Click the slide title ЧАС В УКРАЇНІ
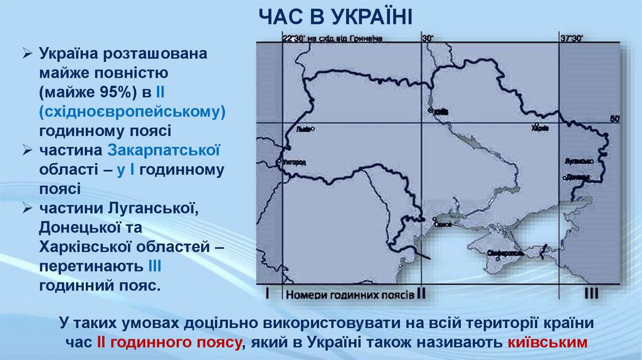335,16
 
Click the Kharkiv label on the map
539,130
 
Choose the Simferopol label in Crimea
503,252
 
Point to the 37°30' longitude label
571,38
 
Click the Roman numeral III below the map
591,294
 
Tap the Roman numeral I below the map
267,293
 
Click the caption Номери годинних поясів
349,294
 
